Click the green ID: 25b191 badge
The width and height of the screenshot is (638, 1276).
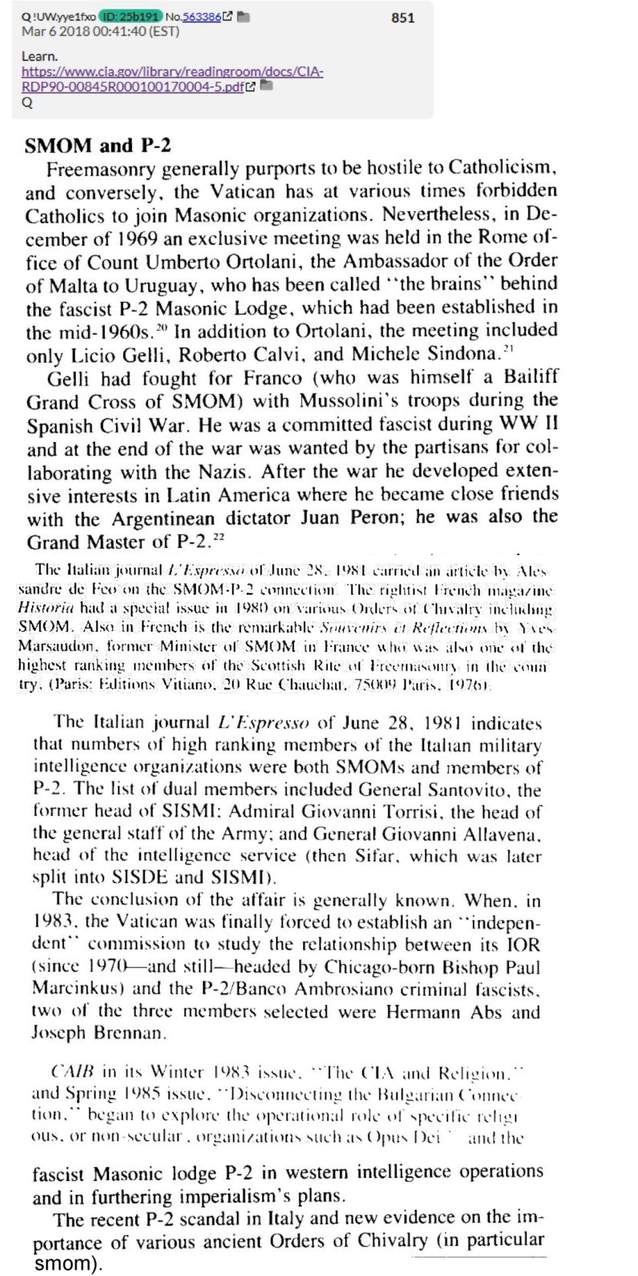tap(132, 17)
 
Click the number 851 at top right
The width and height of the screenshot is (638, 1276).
tap(402, 18)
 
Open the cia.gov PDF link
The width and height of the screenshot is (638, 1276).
tap(172, 79)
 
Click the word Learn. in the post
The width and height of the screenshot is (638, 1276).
tap(40, 56)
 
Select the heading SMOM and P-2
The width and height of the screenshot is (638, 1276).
tap(98, 146)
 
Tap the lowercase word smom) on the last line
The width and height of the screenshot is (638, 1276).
tap(68, 1264)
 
